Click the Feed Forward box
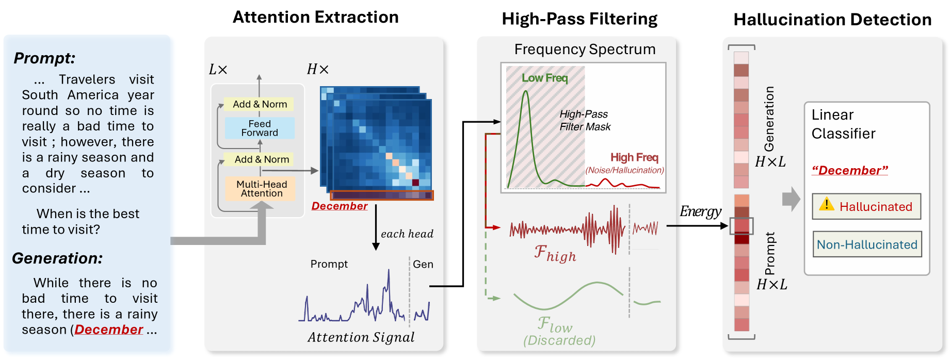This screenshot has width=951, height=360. [260, 128]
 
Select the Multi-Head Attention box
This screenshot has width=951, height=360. [260, 189]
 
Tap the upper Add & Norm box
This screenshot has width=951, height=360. [259, 104]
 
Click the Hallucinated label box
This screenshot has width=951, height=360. [866, 206]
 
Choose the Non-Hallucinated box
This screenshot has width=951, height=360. [867, 244]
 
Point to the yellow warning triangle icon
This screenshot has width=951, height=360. [826, 204]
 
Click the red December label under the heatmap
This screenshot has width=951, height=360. [340, 206]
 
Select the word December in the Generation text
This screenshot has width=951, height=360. [109, 330]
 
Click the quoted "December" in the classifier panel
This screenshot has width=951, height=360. [850, 170]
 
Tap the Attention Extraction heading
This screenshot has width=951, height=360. [316, 17]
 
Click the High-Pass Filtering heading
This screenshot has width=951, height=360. [579, 19]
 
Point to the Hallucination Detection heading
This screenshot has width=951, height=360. [832, 20]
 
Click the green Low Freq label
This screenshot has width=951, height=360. [544, 78]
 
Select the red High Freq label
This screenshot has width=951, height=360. [634, 157]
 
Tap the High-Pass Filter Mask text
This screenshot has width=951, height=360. [585, 120]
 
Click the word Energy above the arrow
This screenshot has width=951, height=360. [700, 211]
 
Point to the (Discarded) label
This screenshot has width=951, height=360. [559, 340]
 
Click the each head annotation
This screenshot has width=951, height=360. [407, 234]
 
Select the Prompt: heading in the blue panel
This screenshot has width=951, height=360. [44, 58]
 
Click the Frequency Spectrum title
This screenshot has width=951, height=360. [585, 50]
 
